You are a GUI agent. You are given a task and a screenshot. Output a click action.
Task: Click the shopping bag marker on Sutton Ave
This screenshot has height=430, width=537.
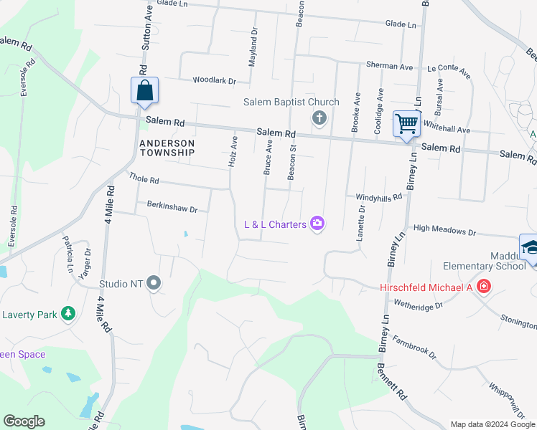(x=144, y=92)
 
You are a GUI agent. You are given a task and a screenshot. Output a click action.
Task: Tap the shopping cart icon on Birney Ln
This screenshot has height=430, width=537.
(x=406, y=124)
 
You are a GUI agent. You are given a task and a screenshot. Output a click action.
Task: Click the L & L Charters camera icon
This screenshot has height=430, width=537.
(x=317, y=224)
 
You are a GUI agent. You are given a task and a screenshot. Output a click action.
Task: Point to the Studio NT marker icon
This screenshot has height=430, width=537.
(x=153, y=284)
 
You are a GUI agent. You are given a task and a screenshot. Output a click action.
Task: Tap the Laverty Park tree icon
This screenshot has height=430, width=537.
(x=68, y=313)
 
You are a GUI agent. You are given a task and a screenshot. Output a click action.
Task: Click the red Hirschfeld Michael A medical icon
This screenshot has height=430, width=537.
(x=484, y=287)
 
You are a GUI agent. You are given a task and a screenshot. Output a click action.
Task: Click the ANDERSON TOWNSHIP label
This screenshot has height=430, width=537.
(x=167, y=148)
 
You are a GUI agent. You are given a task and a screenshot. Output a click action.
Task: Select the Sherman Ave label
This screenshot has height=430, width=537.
(x=389, y=66)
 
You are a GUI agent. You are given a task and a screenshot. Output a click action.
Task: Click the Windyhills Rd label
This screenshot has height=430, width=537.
(x=378, y=196)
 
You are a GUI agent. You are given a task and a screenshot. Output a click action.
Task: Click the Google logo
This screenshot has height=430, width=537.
(x=24, y=421)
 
